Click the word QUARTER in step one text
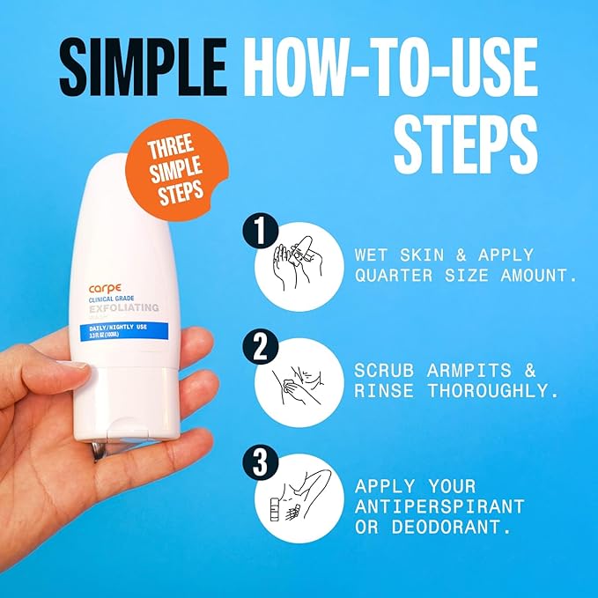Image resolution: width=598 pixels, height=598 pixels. coord(390,274)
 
